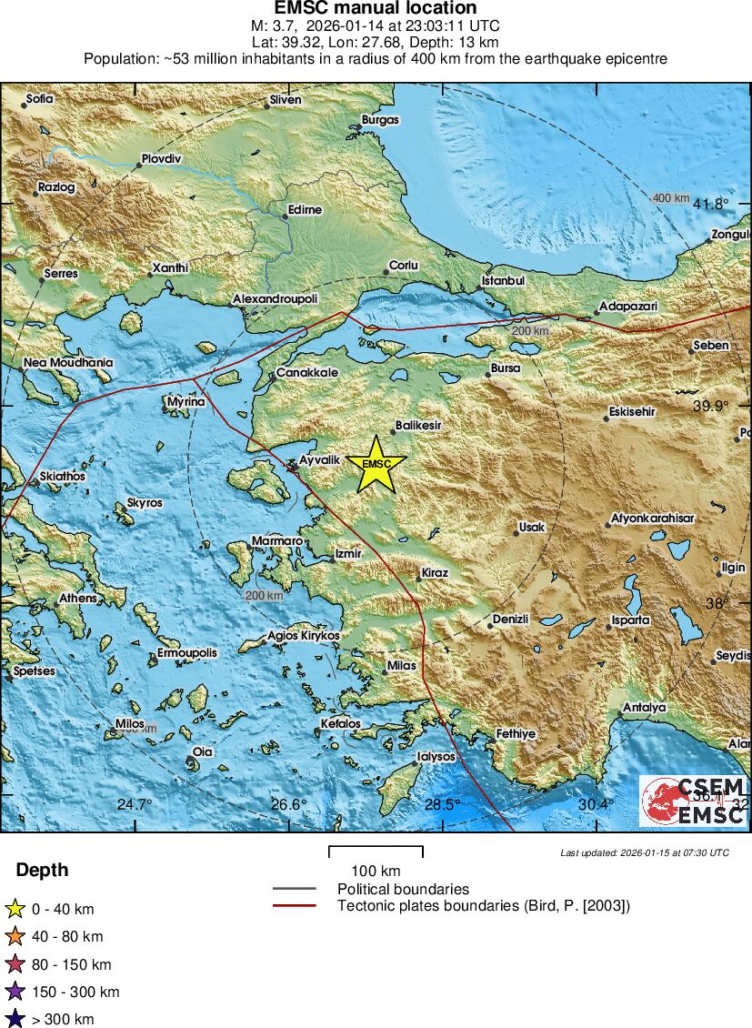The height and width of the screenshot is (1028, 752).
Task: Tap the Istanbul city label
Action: pyautogui.click(x=503, y=280)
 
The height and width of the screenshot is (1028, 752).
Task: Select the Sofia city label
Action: pyautogui.click(x=40, y=98)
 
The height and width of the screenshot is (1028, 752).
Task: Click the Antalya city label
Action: pyautogui.click(x=644, y=707)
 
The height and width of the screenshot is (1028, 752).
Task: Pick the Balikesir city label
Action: pyautogui.click(x=416, y=425)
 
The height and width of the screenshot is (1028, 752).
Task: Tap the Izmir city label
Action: pyautogui.click(x=348, y=553)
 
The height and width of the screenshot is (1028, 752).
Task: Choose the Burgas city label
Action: pyautogui.click(x=380, y=119)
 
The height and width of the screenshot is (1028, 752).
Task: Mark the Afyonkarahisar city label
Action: pyautogui.click(x=652, y=518)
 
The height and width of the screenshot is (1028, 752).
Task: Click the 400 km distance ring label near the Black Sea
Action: pyautogui.click(x=671, y=198)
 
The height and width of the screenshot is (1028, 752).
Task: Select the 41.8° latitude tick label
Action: pyautogui.click(x=710, y=204)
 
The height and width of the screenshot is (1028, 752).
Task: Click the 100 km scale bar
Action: pyautogui.click(x=376, y=852)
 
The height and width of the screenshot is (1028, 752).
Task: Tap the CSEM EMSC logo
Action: pyautogui.click(x=695, y=801)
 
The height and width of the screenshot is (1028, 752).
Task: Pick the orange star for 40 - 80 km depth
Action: pyautogui.click(x=15, y=936)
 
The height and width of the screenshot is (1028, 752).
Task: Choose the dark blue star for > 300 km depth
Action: pyautogui.click(x=15, y=1019)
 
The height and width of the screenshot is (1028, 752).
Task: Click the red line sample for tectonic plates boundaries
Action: pyautogui.click(x=294, y=905)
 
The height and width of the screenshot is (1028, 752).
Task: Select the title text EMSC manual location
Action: pyautogui.click(x=376, y=8)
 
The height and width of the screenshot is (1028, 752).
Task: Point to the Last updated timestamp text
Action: pyautogui.click(x=645, y=852)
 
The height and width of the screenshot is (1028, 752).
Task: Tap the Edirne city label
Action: pyautogui.click(x=304, y=209)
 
